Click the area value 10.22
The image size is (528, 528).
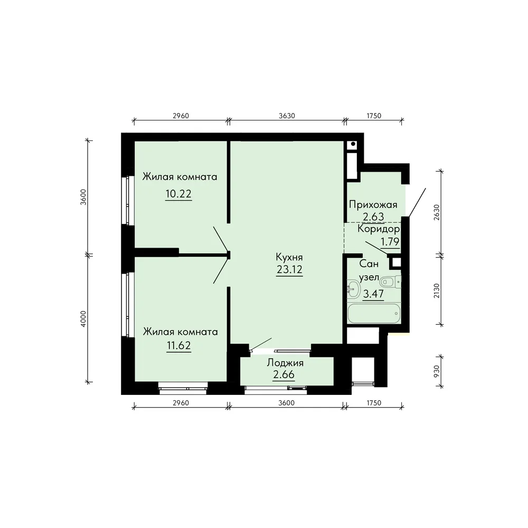(178, 194)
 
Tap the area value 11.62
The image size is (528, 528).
(179, 345)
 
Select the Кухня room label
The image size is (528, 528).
(289, 257)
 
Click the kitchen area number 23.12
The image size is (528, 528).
(289, 270)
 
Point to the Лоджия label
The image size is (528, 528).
(285, 363)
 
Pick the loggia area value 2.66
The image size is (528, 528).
(284, 374)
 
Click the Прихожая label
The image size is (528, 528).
(373, 205)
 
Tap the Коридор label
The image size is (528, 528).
(379, 229)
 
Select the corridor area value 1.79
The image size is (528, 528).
(390, 242)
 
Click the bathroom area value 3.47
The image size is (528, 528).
(373, 294)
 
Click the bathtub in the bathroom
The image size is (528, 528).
(374, 313)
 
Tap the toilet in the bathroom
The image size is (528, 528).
(392, 281)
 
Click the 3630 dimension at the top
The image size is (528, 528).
(287, 116)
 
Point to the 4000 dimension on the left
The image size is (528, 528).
(83, 318)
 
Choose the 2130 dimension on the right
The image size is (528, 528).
(437, 290)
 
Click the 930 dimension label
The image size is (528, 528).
(437, 371)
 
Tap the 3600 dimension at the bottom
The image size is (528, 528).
(287, 403)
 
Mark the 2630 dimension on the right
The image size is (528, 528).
(437, 212)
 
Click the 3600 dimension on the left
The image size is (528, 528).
(83, 197)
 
